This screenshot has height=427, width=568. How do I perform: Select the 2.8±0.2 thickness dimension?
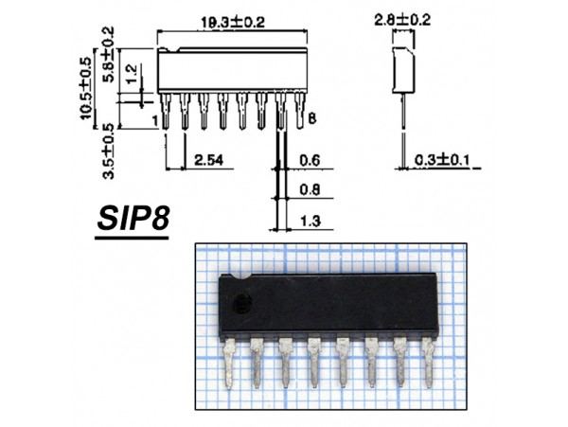tap(397, 18)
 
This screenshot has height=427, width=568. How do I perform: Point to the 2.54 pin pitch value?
tap(209, 160)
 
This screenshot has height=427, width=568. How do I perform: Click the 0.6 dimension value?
tap(310, 160)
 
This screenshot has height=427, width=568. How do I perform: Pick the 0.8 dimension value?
tap(310, 189)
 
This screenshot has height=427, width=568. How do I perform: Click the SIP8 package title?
tap(132, 220)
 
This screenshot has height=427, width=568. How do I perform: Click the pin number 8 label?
tap(311, 119)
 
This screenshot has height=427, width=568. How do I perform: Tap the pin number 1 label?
tap(153, 120)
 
